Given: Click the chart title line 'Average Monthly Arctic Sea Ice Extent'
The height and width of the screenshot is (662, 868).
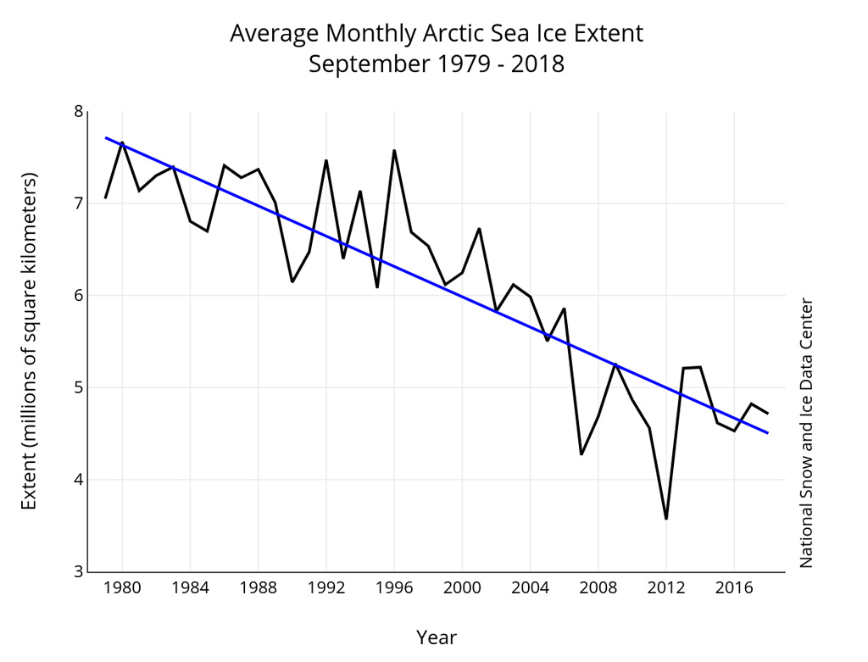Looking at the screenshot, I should click(437, 33).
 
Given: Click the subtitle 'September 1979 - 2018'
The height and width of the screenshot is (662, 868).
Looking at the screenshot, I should click(437, 64).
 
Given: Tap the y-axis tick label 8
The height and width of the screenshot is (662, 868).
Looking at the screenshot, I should click(79, 112).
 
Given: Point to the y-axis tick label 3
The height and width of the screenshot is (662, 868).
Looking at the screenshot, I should click(79, 571).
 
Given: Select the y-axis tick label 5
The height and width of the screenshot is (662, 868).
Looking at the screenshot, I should click(79, 387).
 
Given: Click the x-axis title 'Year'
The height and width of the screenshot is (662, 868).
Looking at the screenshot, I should click(437, 637).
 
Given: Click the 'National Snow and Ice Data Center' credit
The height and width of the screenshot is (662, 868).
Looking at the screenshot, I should click(806, 432).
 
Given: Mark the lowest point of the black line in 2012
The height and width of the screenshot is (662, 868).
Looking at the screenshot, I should click(666, 518).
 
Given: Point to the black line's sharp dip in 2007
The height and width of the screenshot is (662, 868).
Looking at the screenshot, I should click(581, 454).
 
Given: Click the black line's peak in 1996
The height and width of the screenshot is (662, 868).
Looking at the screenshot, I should click(394, 151).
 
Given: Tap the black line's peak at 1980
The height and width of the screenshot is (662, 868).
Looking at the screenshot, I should click(122, 142).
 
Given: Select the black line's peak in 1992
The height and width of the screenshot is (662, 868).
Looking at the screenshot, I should click(326, 160).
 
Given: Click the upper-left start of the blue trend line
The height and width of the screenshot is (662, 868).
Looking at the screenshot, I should click(106, 137).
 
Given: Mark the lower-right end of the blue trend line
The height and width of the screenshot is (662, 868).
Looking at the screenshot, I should click(768, 432).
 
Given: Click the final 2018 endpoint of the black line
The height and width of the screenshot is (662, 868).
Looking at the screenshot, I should click(768, 413).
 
